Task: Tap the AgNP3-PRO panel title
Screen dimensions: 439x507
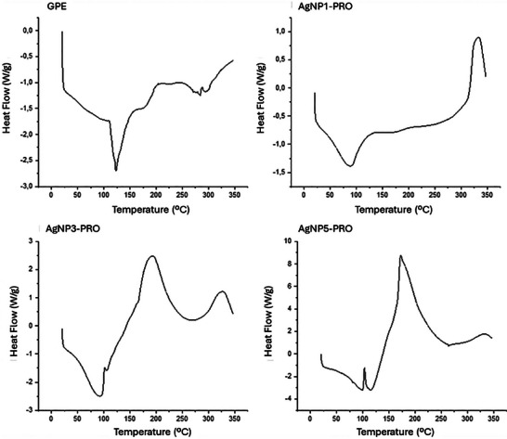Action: [x=41, y=228]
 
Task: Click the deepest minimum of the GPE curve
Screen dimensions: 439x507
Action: [x=116, y=170]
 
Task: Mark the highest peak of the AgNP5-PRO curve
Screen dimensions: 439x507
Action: [x=400, y=256]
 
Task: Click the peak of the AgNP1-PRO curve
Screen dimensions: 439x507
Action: [x=477, y=38]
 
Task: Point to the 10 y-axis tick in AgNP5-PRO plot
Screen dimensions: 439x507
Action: [x=289, y=240]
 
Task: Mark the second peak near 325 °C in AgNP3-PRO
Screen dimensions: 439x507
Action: [x=221, y=291]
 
